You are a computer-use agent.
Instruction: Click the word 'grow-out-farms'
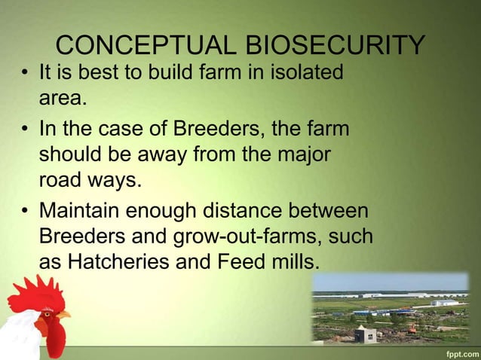point(246,236)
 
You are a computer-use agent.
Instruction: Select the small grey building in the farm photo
point(366,334)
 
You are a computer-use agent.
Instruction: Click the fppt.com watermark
point(458,352)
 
